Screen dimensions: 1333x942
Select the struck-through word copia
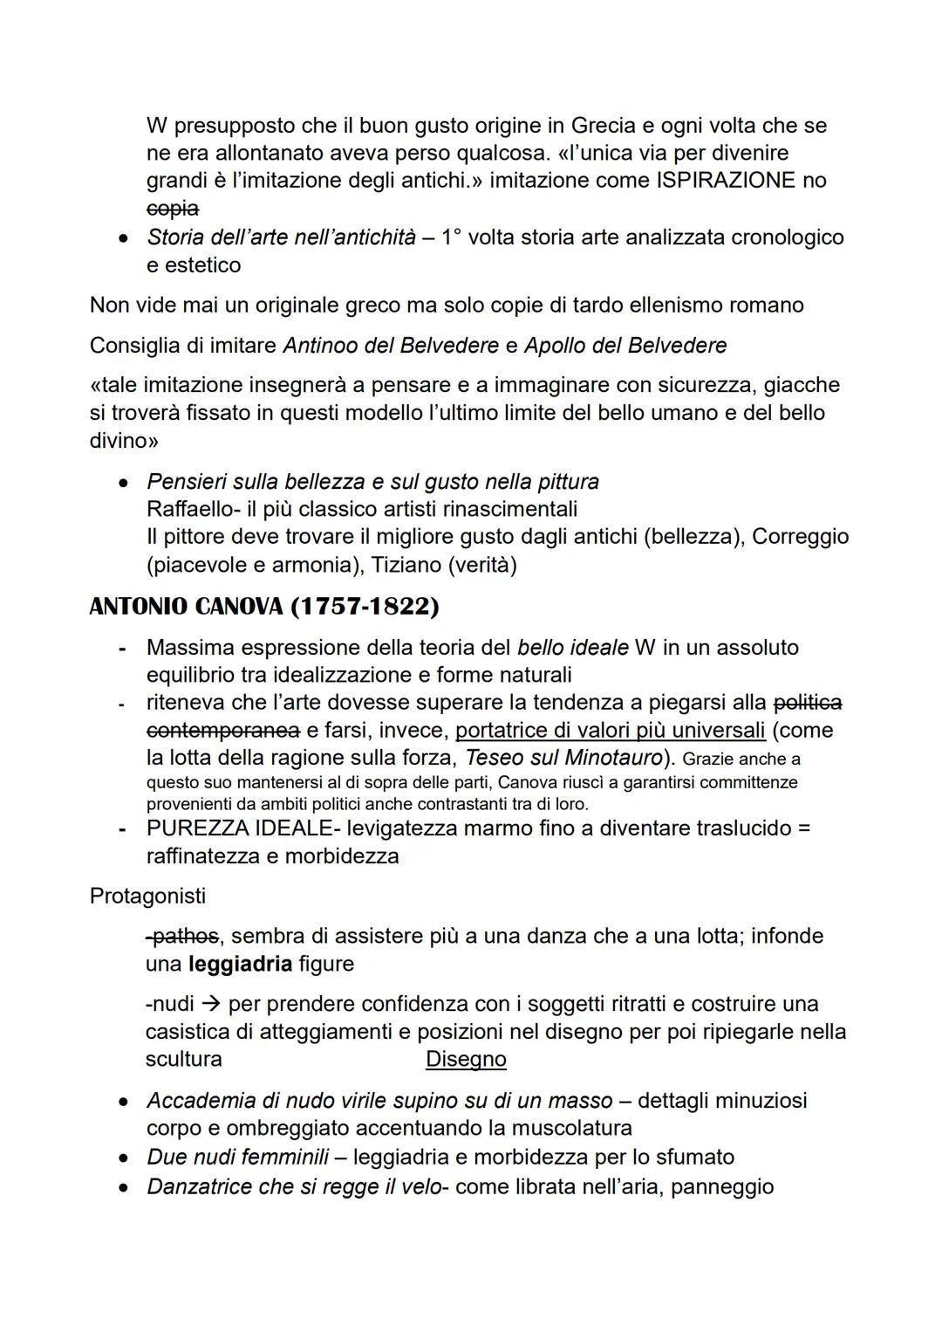[x=172, y=209]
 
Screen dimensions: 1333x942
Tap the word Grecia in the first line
[x=609, y=126]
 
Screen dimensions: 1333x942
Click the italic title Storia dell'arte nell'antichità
[x=281, y=237]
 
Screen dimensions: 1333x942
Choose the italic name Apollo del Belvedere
[x=625, y=346]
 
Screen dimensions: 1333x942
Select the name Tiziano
[x=406, y=565]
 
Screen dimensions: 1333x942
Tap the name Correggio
[x=800, y=537]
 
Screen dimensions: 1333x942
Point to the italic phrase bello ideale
[x=572, y=648]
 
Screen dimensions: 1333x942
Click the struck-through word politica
[x=808, y=703]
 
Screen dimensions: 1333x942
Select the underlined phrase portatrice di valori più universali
[x=611, y=731]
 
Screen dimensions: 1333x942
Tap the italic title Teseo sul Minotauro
[x=563, y=758]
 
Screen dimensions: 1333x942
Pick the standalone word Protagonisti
[x=147, y=897]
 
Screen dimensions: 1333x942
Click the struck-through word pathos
[x=182, y=937]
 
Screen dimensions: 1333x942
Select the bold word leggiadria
[x=240, y=965]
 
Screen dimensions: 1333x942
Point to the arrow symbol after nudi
[x=211, y=1005]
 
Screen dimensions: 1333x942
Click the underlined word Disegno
[x=466, y=1060]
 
